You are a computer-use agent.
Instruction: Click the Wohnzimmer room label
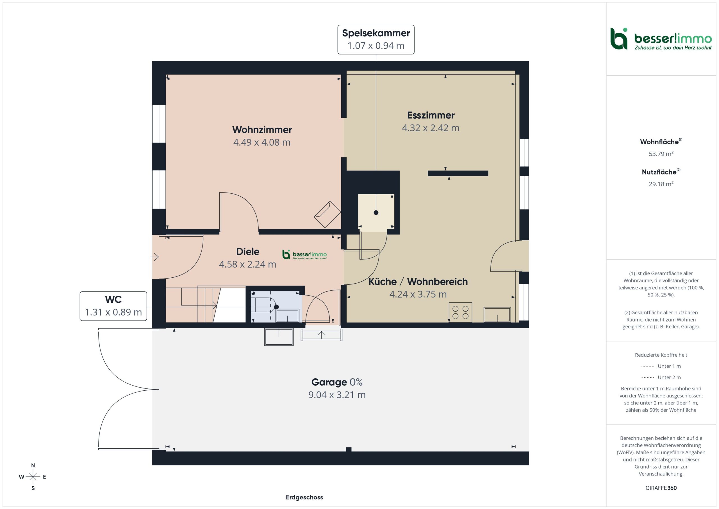[262, 130]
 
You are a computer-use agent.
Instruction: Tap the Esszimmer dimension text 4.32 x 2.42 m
[431, 128]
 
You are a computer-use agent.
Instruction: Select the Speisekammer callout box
[376, 40]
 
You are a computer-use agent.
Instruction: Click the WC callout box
[113, 306]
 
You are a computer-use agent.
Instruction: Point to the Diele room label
[248, 251]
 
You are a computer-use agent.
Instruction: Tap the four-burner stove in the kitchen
[460, 312]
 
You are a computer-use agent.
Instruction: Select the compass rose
[33, 477]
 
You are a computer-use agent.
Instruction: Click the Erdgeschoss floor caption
[304, 497]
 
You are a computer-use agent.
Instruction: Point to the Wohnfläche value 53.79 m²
[661, 153]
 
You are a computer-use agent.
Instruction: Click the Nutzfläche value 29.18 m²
[661, 184]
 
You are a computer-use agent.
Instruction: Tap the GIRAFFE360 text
[661, 488]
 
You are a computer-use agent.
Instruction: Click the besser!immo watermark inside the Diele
[304, 255]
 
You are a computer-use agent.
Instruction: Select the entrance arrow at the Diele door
[154, 257]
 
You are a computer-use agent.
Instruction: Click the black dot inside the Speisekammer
[376, 212]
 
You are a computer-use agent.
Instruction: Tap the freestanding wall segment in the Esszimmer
[458, 173]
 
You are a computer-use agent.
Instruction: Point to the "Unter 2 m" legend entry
[661, 377]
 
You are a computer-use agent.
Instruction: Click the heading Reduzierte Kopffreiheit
[661, 355]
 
